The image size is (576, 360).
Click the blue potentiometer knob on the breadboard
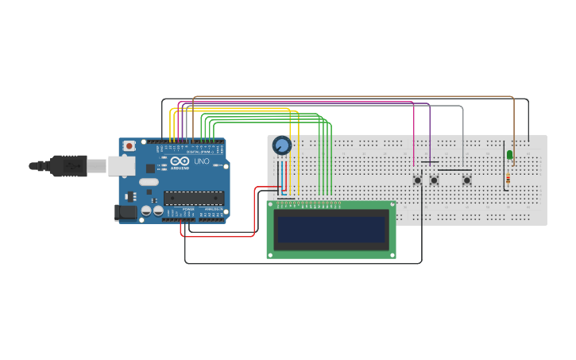281,145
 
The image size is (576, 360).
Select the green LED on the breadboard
509,154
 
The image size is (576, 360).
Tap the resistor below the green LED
508,180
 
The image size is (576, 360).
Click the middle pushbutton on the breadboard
434,180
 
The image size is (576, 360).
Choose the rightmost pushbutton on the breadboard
466,180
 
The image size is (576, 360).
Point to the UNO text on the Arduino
201,161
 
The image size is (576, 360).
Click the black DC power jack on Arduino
126,212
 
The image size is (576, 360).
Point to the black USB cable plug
67,165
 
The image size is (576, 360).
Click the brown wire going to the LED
512,127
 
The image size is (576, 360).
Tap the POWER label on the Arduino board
187,220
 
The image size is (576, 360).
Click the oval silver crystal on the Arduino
149,182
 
